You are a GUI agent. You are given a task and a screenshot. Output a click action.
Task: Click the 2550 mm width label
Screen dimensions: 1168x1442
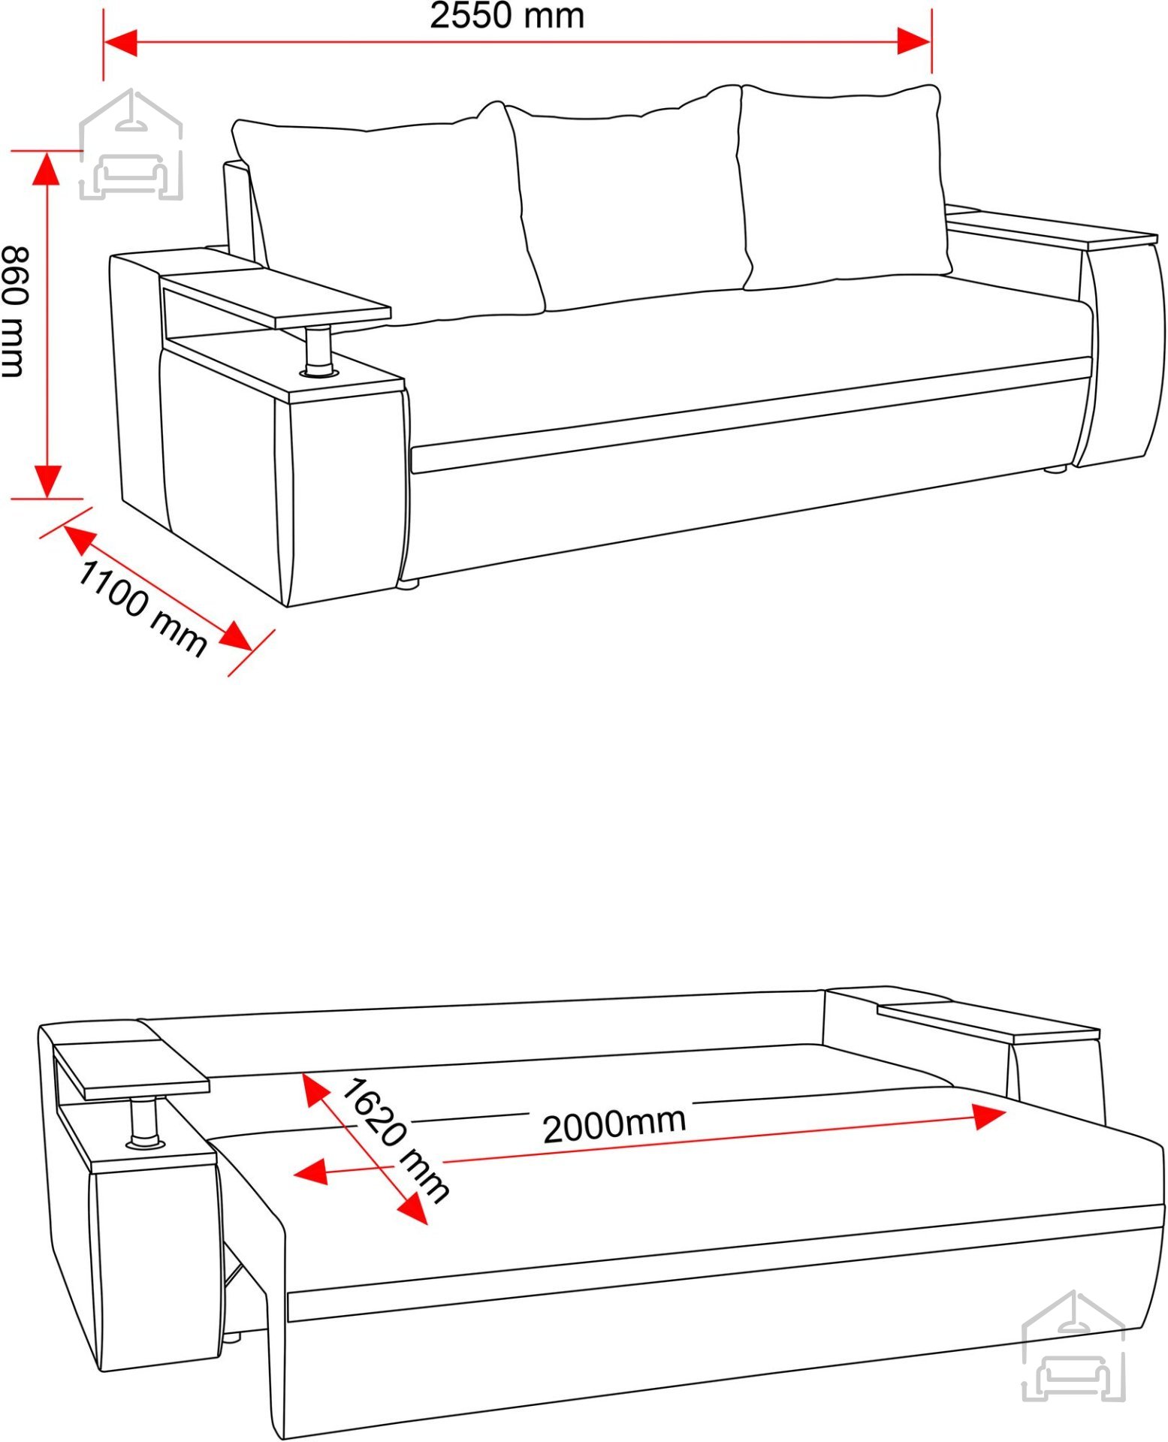507,16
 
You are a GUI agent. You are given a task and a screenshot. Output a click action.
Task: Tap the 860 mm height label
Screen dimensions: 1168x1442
14,311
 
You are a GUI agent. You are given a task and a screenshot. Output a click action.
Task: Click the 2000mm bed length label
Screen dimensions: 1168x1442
614,1124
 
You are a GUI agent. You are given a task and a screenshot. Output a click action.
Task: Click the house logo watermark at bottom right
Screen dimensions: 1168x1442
1074,1346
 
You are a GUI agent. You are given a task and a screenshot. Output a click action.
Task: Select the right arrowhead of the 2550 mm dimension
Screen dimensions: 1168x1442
914,41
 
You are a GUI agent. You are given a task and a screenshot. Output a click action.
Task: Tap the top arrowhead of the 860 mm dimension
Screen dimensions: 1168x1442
47,167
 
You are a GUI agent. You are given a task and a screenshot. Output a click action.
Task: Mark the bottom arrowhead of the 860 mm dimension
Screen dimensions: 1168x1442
47,481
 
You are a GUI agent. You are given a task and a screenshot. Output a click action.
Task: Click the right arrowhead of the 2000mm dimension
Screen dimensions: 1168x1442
989,1116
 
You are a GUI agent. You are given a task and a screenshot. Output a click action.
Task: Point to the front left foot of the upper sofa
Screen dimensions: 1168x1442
408,583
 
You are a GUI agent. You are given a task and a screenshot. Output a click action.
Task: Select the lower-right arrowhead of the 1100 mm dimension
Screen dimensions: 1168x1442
237,637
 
